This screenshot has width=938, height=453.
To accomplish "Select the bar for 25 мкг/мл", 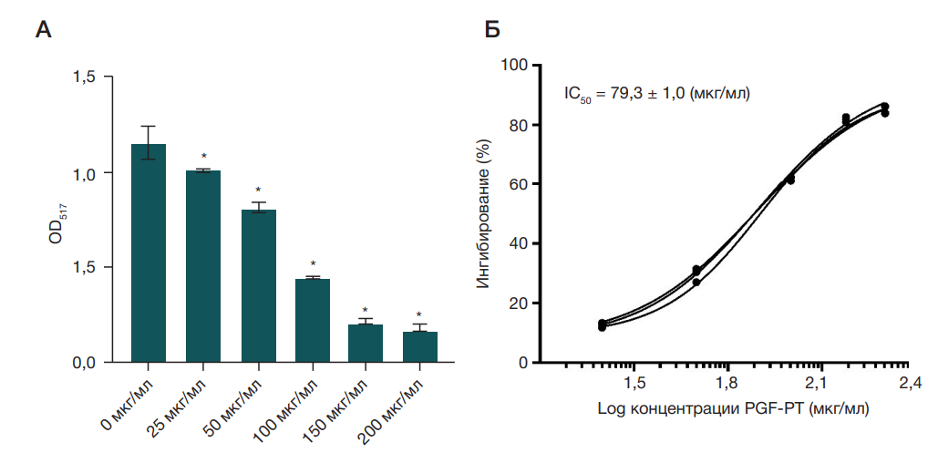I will click(203, 266).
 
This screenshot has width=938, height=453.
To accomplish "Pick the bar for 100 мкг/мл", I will click(313, 320).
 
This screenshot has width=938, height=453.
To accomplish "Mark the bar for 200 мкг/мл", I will click(420, 346).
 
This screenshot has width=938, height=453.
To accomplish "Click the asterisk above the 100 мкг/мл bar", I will click(313, 264).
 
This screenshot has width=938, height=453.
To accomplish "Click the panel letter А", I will click(43, 30).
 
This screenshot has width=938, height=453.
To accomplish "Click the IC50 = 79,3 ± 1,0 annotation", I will click(656, 93).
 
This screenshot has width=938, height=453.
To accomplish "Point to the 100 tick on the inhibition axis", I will click(517, 66).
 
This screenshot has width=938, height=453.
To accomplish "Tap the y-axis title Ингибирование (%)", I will click(484, 214).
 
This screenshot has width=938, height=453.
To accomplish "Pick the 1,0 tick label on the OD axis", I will click(85, 173).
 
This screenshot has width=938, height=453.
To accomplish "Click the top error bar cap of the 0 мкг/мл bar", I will click(149, 127).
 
